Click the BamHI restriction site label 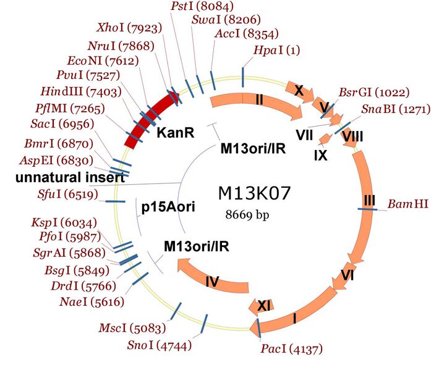point(408,203)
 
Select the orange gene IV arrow point(213,279)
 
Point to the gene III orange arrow point(369,198)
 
